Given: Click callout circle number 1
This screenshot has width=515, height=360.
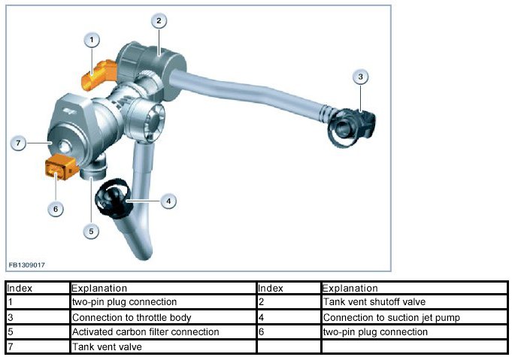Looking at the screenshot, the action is [x=92, y=39].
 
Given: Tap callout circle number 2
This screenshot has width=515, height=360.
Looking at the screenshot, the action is [x=159, y=21].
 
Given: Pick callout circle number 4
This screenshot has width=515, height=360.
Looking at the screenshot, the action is [x=169, y=201].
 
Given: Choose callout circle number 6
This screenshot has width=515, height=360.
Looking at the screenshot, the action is [x=56, y=208].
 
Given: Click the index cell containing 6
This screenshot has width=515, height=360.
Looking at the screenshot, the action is [x=289, y=331].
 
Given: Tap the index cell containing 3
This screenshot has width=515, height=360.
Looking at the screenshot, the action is [x=38, y=317].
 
